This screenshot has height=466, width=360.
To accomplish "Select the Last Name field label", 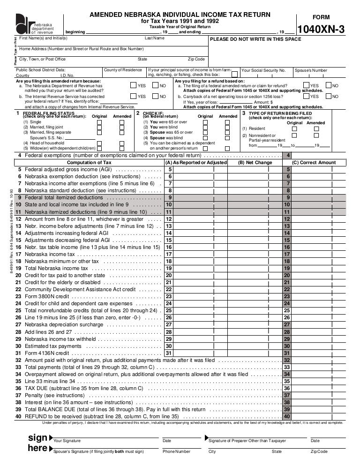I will (155, 38).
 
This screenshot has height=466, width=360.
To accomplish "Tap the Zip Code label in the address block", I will (196, 60).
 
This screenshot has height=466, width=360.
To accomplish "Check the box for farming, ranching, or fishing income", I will (235, 75).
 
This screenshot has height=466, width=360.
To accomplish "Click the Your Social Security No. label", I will (263, 70).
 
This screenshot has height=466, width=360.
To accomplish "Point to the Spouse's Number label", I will (310, 70).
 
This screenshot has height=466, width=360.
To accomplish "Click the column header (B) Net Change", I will (255, 163).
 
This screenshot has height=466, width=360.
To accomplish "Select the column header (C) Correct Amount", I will (314, 163).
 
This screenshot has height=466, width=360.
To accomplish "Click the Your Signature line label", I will (67, 441).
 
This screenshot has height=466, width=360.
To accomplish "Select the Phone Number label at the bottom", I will (176, 451).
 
